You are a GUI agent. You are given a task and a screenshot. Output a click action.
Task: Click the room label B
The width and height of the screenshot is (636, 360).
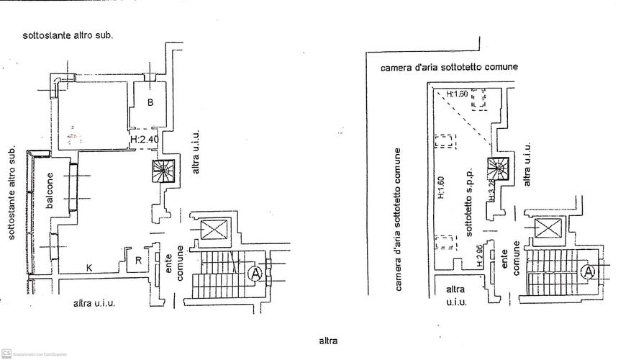pyautogui.click(x=150, y=102)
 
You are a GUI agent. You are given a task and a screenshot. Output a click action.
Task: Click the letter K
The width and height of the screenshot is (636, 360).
pyautogui.click(x=89, y=268)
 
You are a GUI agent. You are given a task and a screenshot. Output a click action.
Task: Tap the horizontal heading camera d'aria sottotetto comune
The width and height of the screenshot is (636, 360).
pyautogui.click(x=449, y=67)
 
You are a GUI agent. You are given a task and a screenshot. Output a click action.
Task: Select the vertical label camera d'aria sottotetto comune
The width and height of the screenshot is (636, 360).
pyautogui.click(x=398, y=220)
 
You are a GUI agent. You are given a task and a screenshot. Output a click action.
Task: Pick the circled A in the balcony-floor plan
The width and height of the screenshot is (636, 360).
pyautogui.click(x=255, y=273)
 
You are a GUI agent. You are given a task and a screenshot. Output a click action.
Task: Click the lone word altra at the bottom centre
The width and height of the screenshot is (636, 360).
pyautogui.click(x=328, y=341)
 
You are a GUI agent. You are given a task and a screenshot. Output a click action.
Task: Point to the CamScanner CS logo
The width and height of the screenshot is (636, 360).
pyautogui.click(x=6, y=353)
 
